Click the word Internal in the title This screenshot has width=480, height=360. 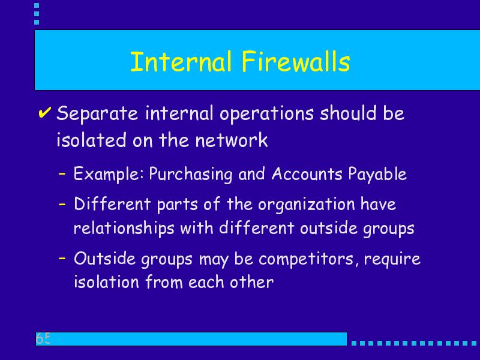(181, 61)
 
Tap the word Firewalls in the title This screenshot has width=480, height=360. (296, 61)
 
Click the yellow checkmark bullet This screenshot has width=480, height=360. (44, 112)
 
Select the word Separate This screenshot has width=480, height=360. (97, 113)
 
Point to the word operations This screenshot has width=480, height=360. (266, 113)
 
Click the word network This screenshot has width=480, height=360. (232, 140)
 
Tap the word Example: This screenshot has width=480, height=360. (109, 174)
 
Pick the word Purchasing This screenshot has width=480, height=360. (191, 174)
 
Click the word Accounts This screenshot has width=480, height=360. (307, 173)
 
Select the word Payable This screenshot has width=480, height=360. (377, 174)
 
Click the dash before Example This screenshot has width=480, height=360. (62, 173)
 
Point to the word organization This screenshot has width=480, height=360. (306, 204)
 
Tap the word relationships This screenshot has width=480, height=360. (124, 229)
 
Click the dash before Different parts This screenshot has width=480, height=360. (62, 204)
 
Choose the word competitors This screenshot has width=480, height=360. (308, 259)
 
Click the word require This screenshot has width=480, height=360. (392, 259)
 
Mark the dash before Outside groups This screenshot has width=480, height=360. (62, 258)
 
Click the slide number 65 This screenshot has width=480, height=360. (43, 338)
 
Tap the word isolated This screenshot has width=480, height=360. (91, 140)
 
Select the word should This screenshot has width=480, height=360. (348, 113)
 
